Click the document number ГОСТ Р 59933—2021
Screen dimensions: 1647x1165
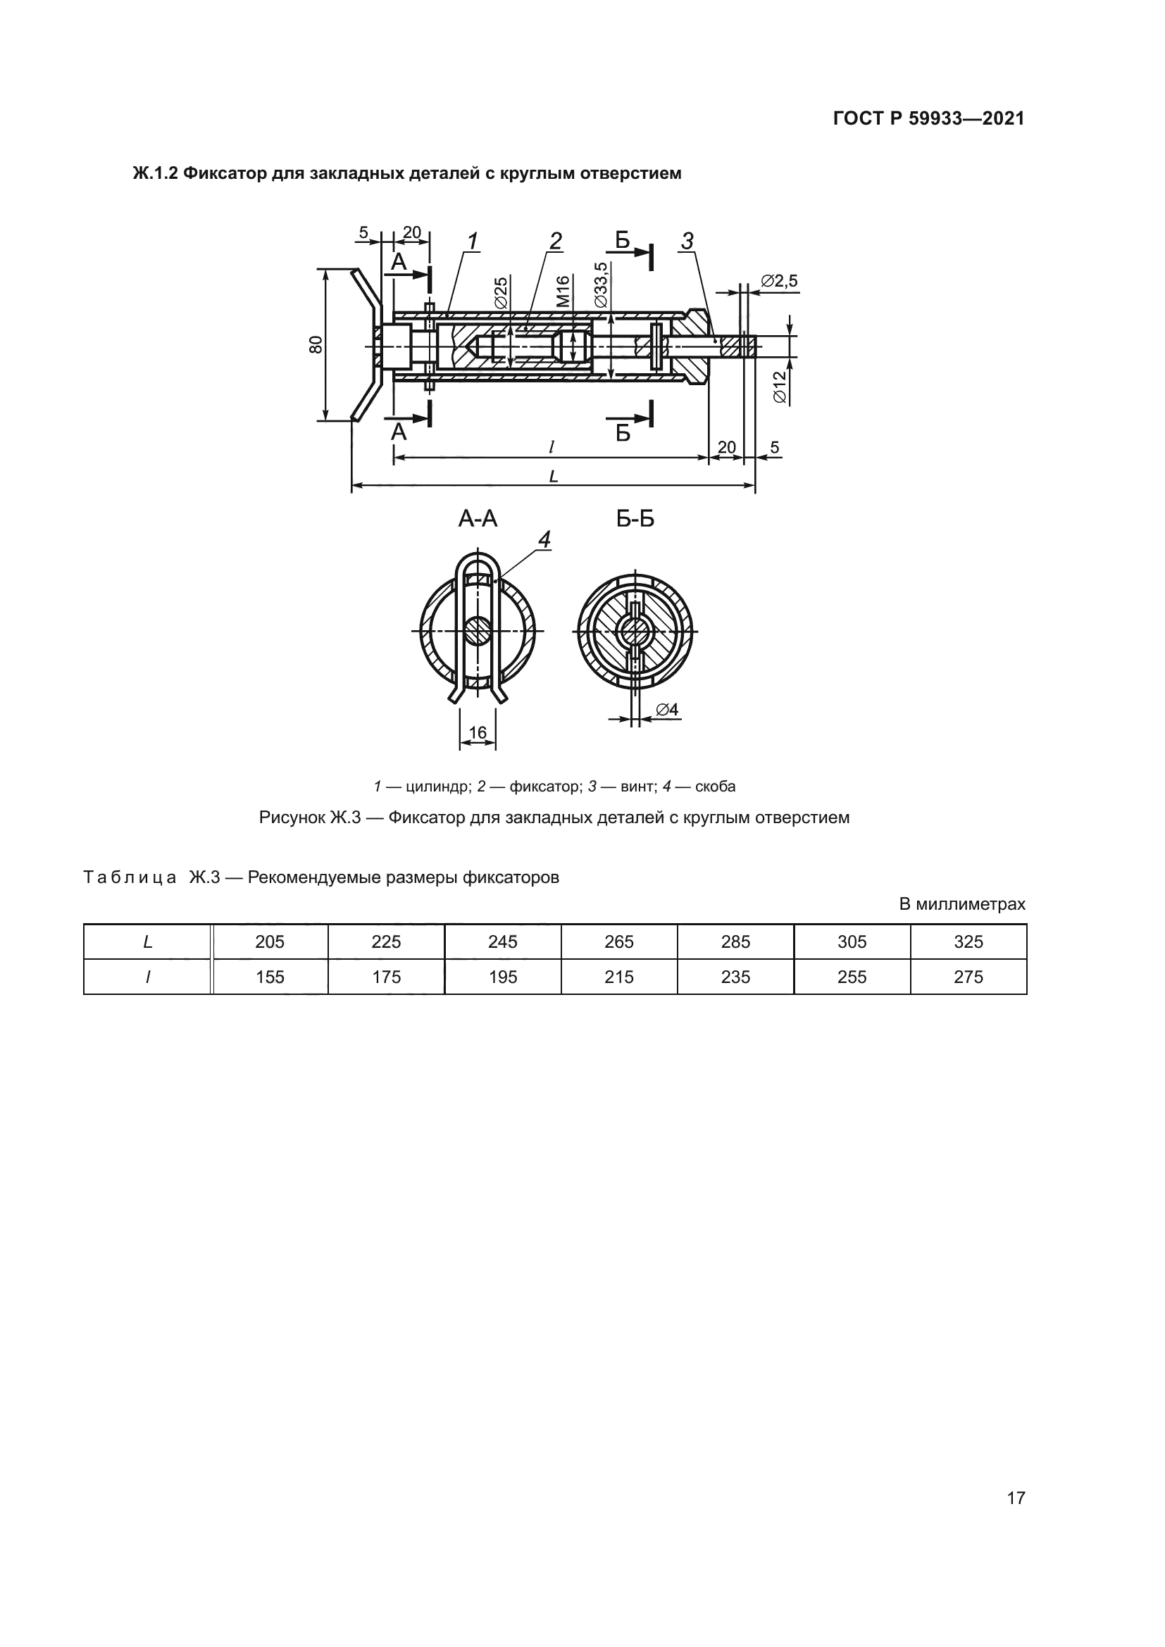928,119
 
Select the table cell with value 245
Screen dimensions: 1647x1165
502,942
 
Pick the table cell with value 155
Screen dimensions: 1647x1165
270,977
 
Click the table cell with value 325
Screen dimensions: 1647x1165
968,942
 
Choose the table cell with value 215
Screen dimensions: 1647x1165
618,977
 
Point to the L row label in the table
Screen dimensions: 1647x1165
148,942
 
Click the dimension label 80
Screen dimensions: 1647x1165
316,344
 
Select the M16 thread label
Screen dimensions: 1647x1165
563,292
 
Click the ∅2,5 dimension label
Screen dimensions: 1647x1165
778,281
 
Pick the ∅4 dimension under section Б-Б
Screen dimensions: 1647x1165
666,710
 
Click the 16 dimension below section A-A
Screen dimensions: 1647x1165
477,732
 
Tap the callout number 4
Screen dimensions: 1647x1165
544,539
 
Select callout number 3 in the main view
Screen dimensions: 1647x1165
687,242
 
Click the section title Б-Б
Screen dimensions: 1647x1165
635,519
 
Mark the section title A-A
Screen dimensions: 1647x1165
478,519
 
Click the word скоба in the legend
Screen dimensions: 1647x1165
715,787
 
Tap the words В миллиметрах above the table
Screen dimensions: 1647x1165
962,905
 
